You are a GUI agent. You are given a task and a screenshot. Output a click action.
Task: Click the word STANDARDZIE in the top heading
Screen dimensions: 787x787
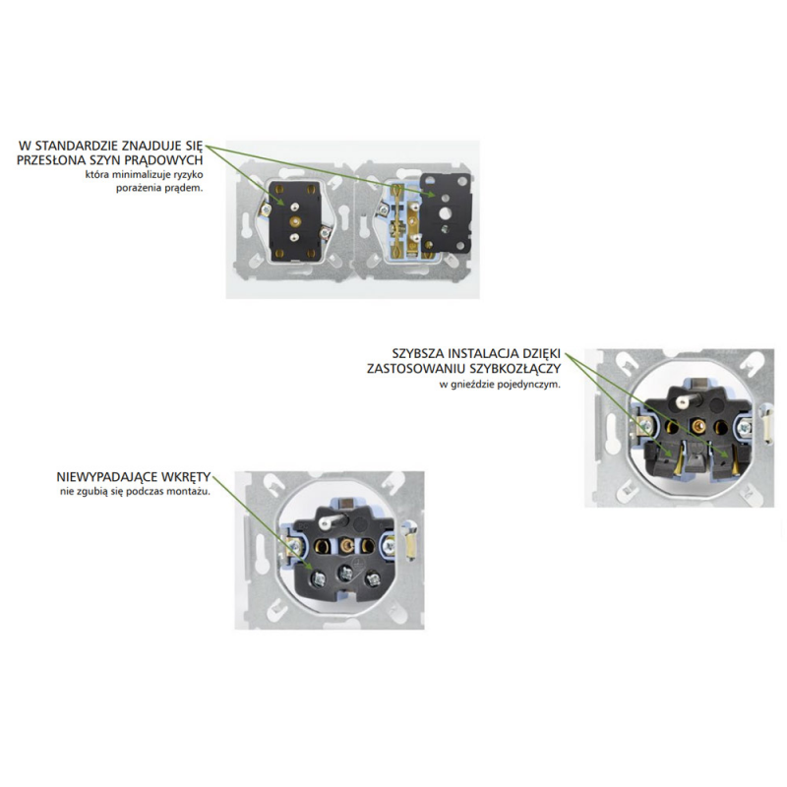pyautogui.click(x=77, y=146)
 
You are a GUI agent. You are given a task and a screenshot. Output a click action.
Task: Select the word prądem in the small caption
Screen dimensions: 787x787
pyautogui.click(x=188, y=188)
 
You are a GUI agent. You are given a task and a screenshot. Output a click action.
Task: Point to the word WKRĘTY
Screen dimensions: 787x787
pyautogui.click(x=185, y=477)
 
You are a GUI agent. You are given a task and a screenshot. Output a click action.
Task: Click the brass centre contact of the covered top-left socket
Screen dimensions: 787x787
pyautogui.click(x=294, y=220)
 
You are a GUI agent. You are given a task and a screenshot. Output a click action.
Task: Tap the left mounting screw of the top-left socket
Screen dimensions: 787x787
pyautogui.click(x=265, y=209)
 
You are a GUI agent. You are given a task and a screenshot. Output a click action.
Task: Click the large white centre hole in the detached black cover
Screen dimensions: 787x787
pyautogui.click(x=445, y=213)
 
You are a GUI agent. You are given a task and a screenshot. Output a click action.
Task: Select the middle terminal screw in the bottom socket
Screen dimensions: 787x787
pyautogui.click(x=345, y=573)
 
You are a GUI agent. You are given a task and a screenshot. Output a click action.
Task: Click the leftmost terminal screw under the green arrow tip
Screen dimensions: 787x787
pyautogui.click(x=317, y=579)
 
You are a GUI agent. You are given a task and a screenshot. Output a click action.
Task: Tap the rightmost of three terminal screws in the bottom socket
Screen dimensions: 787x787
pyautogui.click(x=373, y=579)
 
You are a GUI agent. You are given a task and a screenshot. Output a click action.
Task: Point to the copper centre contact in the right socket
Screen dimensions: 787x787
pyautogui.click(x=696, y=426)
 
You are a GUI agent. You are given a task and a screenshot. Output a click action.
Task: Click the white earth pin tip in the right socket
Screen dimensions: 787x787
pyautogui.click(x=682, y=402)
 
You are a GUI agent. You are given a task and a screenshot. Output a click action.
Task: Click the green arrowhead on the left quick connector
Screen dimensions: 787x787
pyautogui.click(x=667, y=454)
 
